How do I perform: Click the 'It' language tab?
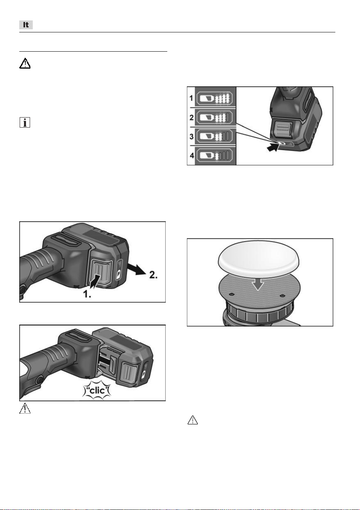tap(26, 25)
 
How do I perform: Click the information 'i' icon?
tap(25, 123)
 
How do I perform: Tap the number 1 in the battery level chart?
tap(191, 98)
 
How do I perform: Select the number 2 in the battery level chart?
tap(192, 118)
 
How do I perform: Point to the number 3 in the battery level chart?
tap(192, 136)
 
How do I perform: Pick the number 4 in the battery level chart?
tap(192, 156)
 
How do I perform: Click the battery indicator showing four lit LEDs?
tap(214, 98)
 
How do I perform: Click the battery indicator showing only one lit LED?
tap(214, 156)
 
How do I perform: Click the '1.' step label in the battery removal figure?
tap(87, 294)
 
